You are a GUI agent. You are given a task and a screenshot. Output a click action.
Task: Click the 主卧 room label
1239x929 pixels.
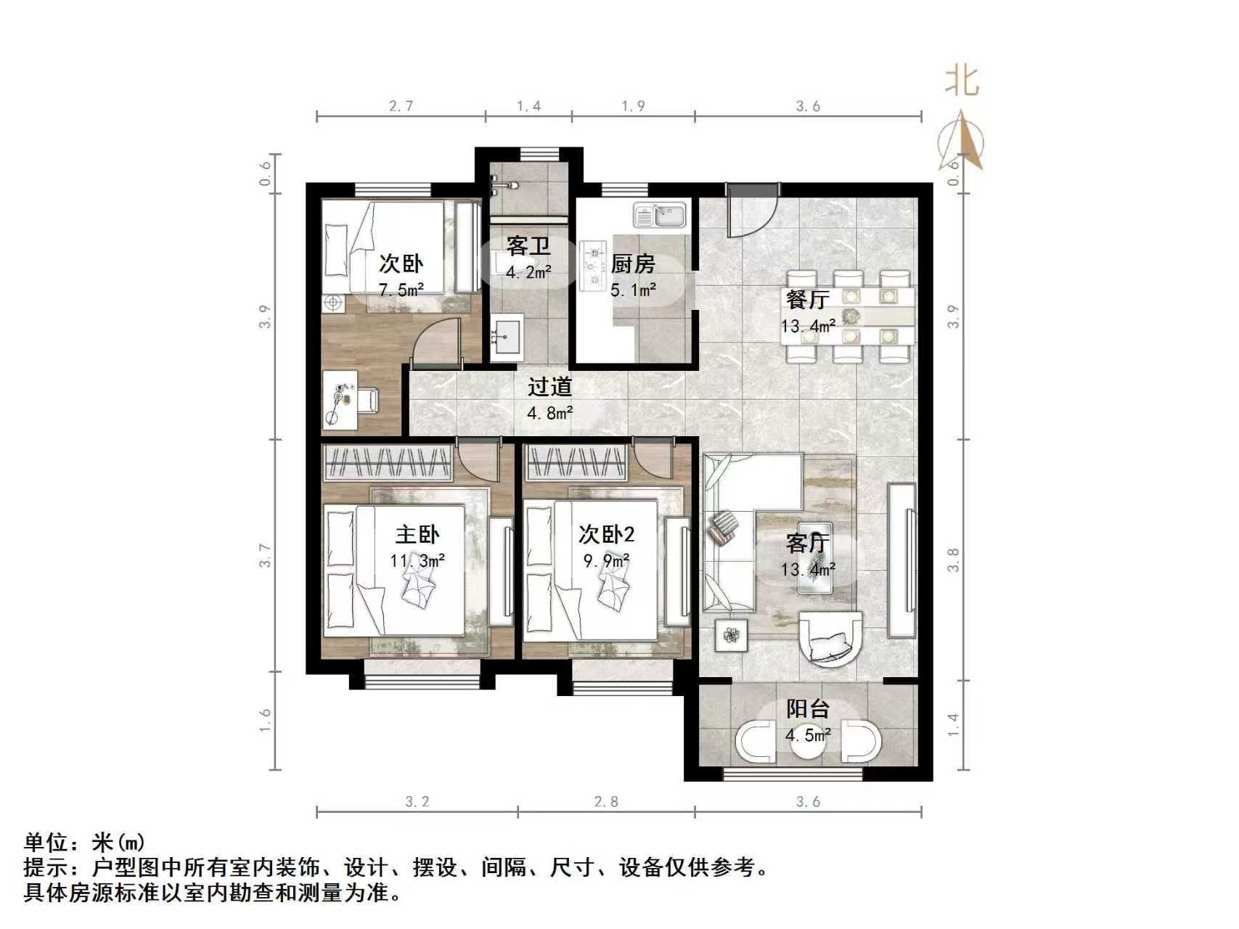[x=417, y=535]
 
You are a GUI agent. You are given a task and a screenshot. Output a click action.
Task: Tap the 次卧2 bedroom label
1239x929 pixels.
[x=606, y=535]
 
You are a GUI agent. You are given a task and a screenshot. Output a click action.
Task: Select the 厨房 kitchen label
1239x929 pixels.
[x=633, y=263]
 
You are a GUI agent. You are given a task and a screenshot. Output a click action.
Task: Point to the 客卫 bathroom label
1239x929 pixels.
[x=528, y=246]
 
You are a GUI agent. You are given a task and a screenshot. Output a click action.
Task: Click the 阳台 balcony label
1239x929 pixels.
[x=807, y=709]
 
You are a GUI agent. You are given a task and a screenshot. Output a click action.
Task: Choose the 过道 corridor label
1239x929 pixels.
[x=549, y=387]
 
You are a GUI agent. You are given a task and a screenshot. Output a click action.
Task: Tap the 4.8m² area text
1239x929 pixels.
[x=549, y=414]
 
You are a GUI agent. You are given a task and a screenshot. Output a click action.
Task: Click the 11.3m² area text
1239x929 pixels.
[x=417, y=560]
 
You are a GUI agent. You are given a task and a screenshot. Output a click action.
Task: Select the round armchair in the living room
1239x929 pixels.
[x=831, y=638]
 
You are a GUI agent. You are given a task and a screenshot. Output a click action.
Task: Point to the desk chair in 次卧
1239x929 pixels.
[x=367, y=399]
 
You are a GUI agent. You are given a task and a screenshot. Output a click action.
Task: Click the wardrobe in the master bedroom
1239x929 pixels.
[x=388, y=462]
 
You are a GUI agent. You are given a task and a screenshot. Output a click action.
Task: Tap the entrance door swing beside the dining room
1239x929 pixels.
[x=752, y=210]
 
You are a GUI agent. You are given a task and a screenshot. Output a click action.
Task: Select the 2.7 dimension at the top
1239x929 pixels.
[x=401, y=106]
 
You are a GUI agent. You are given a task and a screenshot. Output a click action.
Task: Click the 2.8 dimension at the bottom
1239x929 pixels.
[x=606, y=801]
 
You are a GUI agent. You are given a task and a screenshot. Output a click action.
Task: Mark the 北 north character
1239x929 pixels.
[x=962, y=80]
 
